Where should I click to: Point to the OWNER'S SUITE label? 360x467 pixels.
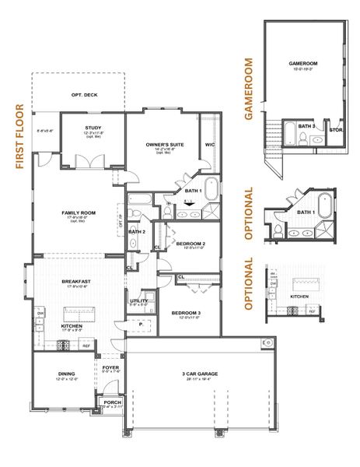[164, 144]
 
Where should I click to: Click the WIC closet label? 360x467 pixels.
[210, 144]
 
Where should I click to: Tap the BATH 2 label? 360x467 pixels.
[137, 231]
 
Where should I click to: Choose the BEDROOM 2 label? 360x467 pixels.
[190, 244]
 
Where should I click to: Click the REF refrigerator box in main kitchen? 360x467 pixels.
[86, 346]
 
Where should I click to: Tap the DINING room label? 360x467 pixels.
[66, 374]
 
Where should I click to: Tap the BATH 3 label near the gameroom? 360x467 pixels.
[306, 125]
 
